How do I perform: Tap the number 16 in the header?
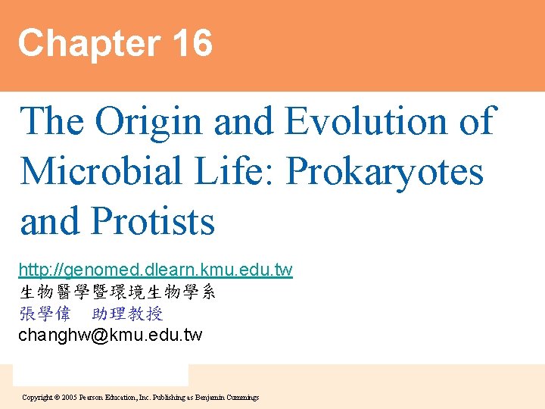click(x=192, y=42)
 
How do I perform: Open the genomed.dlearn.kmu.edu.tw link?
click(x=155, y=270)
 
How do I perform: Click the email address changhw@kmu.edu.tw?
click(x=111, y=335)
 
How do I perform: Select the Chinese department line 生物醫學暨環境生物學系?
click(x=117, y=292)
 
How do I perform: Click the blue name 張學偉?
click(x=45, y=314)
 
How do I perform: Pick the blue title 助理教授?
click(x=127, y=314)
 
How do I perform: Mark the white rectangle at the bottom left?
click(x=101, y=375)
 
